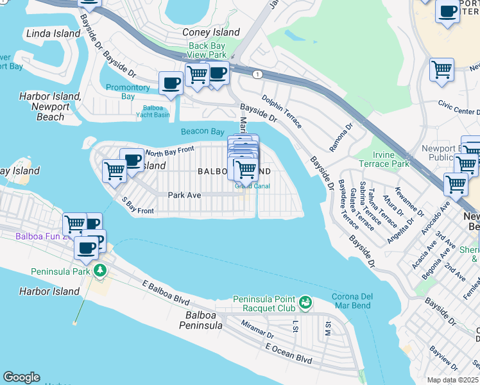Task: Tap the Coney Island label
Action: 211,32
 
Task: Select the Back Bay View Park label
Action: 207,50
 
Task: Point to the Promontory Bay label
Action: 128,92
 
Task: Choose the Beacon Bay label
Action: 202,131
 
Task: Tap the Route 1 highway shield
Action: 257,75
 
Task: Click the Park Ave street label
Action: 185,194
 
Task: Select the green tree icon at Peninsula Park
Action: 99,270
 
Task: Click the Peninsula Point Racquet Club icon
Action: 305,300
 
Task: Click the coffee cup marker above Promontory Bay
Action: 171,83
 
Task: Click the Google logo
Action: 21,377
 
